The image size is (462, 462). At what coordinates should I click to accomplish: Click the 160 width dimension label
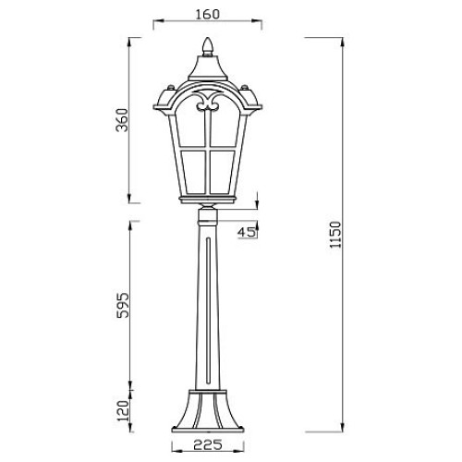click(x=208, y=14)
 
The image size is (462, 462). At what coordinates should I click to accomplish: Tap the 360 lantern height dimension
click(x=122, y=120)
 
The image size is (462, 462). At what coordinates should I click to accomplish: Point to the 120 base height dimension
click(x=123, y=411)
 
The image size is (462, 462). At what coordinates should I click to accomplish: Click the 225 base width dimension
click(x=208, y=444)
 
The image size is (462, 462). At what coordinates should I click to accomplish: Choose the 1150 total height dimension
click(x=335, y=234)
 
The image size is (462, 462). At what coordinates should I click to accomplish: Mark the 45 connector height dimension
click(x=247, y=232)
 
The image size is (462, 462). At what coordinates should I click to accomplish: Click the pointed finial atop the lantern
click(x=207, y=47)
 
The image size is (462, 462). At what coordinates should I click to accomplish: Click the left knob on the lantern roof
click(x=170, y=88)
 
